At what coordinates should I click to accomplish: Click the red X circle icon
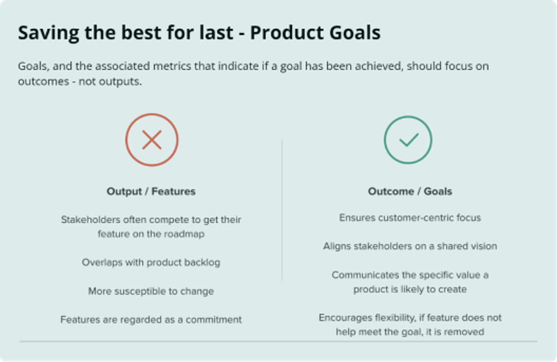coord(152,140)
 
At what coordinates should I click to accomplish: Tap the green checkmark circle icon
coord(408,140)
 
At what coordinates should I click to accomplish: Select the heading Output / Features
coord(151,192)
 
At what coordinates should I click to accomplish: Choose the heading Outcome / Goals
coord(410,192)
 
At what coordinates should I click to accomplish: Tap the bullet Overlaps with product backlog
coord(151,262)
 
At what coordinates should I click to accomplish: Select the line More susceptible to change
coord(151,291)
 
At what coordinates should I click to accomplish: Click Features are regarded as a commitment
coord(151,320)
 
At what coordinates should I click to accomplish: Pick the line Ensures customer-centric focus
coord(410,218)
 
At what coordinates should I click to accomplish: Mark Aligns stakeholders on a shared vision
coord(410,246)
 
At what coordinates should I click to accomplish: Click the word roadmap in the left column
coord(184,234)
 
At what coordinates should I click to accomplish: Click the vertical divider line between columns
coord(282,212)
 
